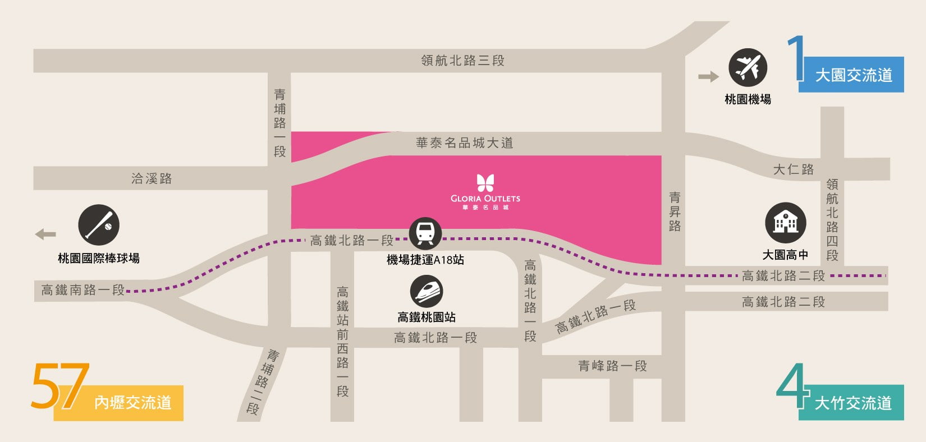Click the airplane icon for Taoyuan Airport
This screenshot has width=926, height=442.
pyautogui.click(x=748, y=68)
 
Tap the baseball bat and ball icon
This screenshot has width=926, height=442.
pyautogui.click(x=99, y=224)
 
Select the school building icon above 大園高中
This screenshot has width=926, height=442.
pyautogui.click(x=786, y=223)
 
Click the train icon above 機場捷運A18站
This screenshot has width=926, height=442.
pyautogui.click(x=425, y=233)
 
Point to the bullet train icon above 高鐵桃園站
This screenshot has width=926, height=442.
pyautogui.click(x=427, y=292)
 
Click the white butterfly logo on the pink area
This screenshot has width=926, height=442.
pyautogui.click(x=485, y=183)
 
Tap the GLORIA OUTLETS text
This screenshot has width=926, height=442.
pyautogui.click(x=485, y=199)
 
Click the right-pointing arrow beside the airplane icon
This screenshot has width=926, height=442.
pyautogui.click(x=708, y=77)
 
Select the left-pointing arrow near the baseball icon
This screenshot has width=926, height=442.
pyautogui.click(x=45, y=234)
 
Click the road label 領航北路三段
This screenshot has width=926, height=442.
pyautogui.click(x=463, y=61)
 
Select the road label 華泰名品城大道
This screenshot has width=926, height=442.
pyautogui.click(x=465, y=143)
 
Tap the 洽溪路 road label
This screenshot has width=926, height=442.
pyautogui.click(x=152, y=178)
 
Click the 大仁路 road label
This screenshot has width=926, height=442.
pyautogui.click(x=793, y=169)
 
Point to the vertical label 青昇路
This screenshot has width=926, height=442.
pyautogui.click(x=675, y=211)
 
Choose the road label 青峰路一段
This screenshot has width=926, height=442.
pyautogui.click(x=612, y=366)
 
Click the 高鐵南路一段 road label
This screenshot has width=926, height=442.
pyautogui.click(x=82, y=290)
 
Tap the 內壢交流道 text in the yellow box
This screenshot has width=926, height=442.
pyautogui.click(x=132, y=403)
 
